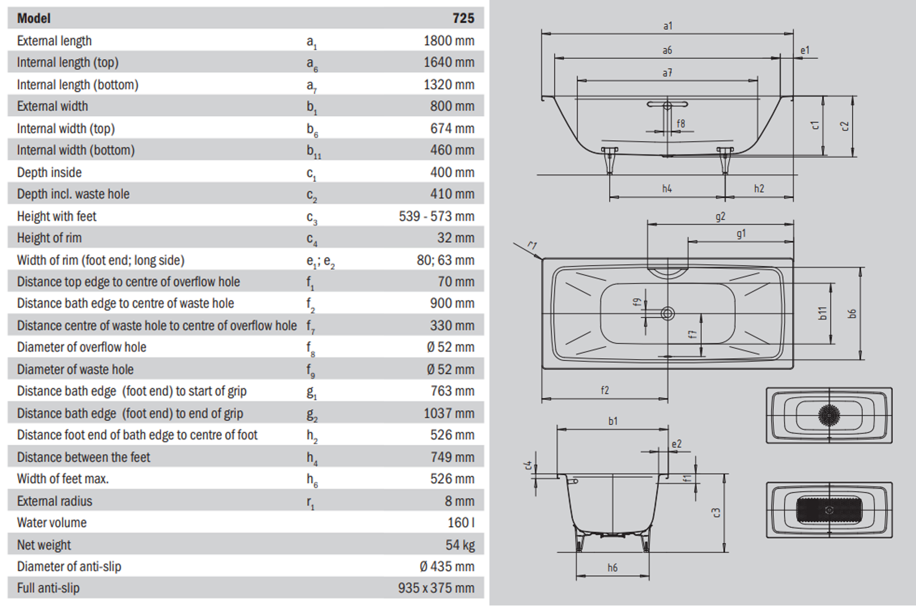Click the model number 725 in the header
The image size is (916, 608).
(463, 18)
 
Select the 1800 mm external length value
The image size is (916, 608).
(449, 41)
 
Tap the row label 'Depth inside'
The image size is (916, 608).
(49, 172)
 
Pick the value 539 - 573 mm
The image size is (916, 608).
(436, 216)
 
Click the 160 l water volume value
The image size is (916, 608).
(461, 522)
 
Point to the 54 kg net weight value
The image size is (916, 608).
(460, 545)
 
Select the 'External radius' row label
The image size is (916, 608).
(55, 501)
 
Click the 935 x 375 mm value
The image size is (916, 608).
(436, 588)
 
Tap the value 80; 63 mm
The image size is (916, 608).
(446, 260)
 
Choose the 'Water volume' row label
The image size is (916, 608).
(52, 522)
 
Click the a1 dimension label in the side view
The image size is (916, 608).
(667, 26)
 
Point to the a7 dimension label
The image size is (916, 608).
(667, 73)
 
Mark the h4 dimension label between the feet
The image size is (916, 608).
(667, 189)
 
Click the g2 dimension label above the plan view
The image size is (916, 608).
(720, 217)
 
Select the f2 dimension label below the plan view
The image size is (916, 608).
(605, 390)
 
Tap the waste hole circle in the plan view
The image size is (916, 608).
(667, 314)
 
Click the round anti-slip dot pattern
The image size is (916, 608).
(829, 415)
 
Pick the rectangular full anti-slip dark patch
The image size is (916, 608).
(829, 510)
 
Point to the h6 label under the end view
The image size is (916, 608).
(612, 568)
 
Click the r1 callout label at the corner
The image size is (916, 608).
(532, 246)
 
